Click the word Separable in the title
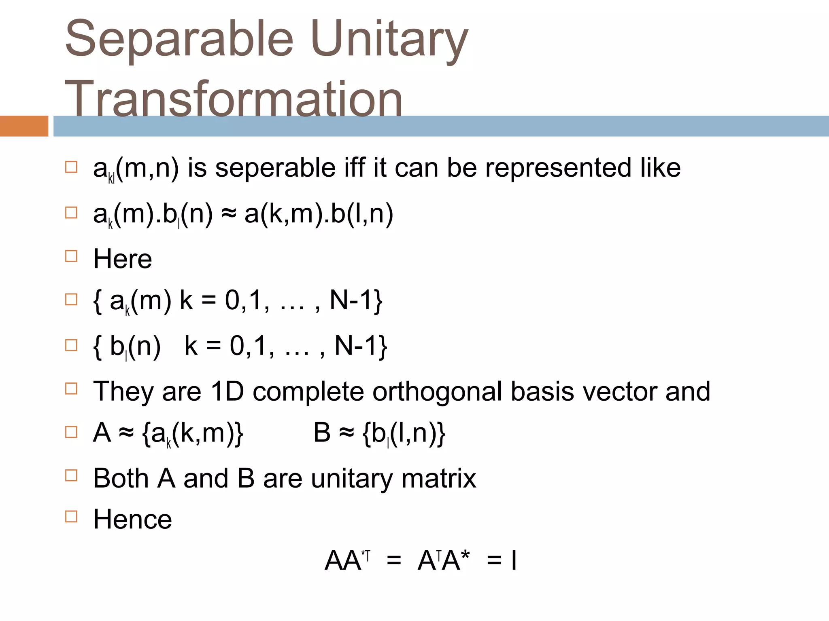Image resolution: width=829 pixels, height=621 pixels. click(179, 39)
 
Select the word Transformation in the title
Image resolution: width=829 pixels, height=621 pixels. click(233, 99)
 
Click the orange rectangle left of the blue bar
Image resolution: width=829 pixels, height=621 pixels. click(24, 126)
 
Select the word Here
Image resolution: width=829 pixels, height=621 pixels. click(123, 259)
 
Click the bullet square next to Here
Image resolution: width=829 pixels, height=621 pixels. click(71, 256)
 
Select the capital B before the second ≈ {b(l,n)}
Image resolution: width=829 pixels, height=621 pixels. click(322, 433)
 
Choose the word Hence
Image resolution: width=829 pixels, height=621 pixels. click(132, 520)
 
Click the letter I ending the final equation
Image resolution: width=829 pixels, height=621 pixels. click(514, 561)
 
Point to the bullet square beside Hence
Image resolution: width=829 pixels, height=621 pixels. click(71, 517)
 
